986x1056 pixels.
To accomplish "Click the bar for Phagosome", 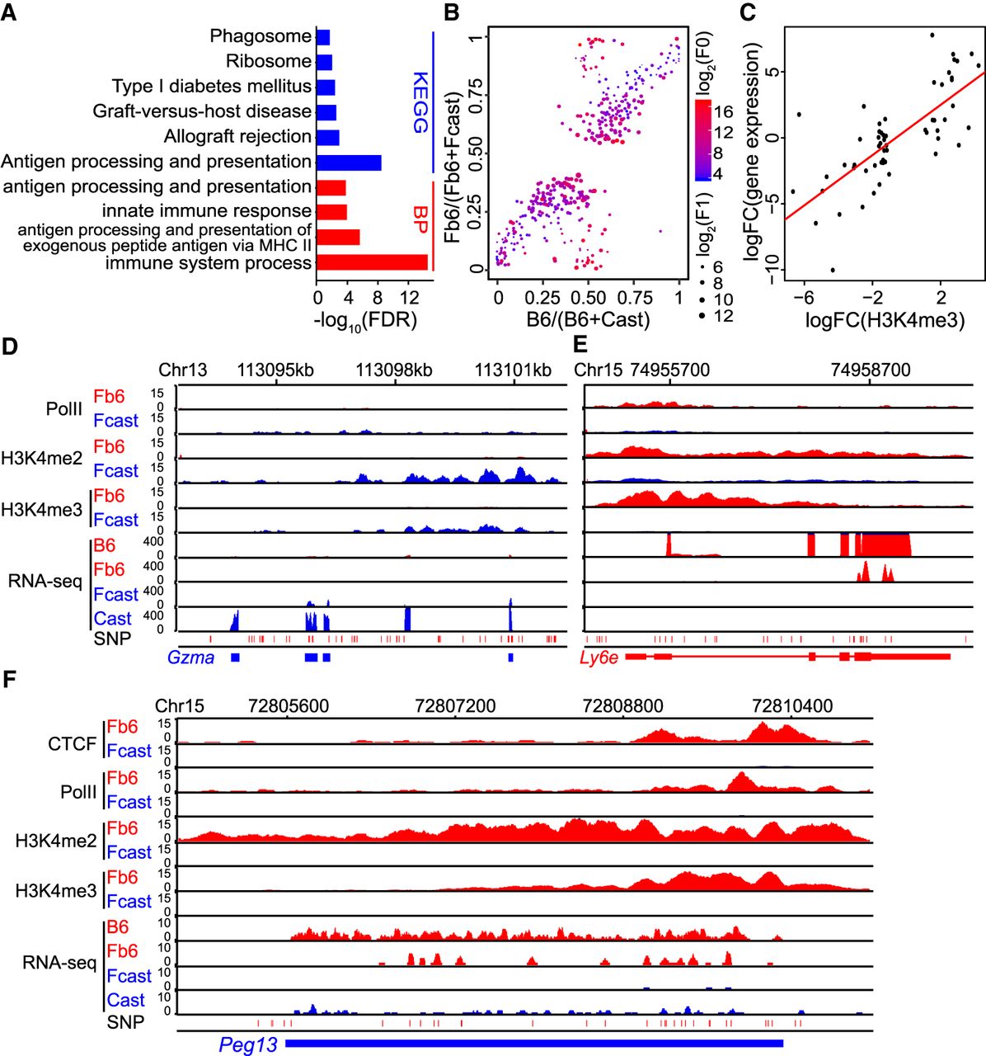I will tap(323, 37).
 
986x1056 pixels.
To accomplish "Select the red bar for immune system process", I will tap(373, 262).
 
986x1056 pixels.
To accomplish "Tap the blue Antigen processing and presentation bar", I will tap(349, 162).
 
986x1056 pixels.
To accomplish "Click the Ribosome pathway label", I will tap(269, 61).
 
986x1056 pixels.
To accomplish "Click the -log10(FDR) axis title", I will tap(365, 320).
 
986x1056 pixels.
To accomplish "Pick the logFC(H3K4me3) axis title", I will tap(885, 320).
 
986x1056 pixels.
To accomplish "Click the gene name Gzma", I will tap(191, 658).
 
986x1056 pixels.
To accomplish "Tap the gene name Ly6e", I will tap(599, 658).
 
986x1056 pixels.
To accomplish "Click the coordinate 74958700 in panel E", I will tap(871, 370).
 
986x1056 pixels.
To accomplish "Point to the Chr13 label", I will tap(182, 370).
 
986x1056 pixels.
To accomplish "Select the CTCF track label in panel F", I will tap(72, 743).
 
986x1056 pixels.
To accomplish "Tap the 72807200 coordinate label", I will tap(455, 706).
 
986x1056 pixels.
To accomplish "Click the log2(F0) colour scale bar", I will tap(703, 140).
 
